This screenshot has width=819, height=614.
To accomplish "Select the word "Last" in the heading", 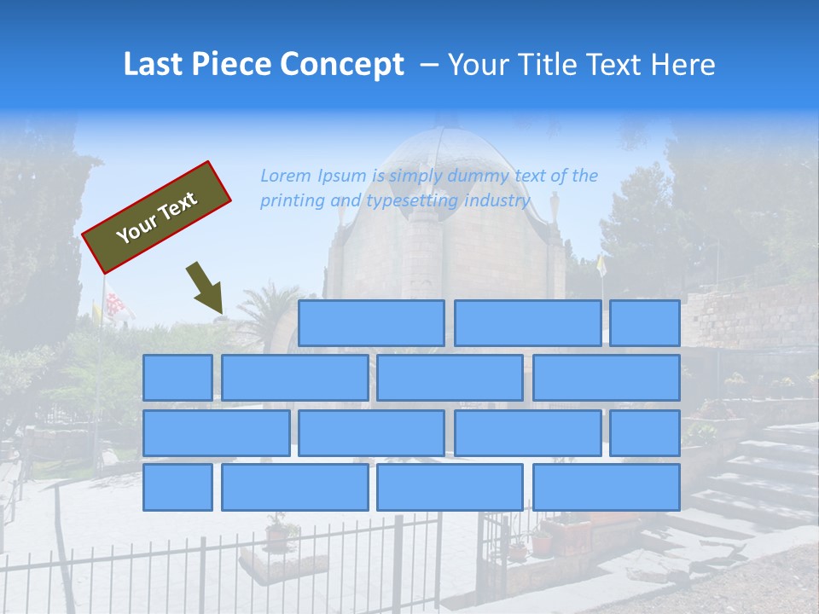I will [154, 65].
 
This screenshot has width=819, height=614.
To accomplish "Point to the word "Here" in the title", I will [682, 65].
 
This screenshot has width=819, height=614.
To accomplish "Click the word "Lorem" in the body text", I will [286, 176].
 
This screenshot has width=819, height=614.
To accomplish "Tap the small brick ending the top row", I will [645, 323].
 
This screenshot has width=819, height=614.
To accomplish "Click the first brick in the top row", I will [371, 323].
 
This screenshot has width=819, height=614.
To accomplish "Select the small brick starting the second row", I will [177, 378].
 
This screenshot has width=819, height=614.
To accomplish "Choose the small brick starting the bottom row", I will [177, 487].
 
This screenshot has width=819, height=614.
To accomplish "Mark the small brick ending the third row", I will [645, 432].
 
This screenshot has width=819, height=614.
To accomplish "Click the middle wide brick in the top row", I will [527, 323].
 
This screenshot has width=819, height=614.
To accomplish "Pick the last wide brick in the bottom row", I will [607, 487].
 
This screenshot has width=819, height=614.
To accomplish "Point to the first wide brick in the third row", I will [216, 432].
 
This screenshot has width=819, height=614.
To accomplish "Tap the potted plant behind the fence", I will [276, 532].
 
